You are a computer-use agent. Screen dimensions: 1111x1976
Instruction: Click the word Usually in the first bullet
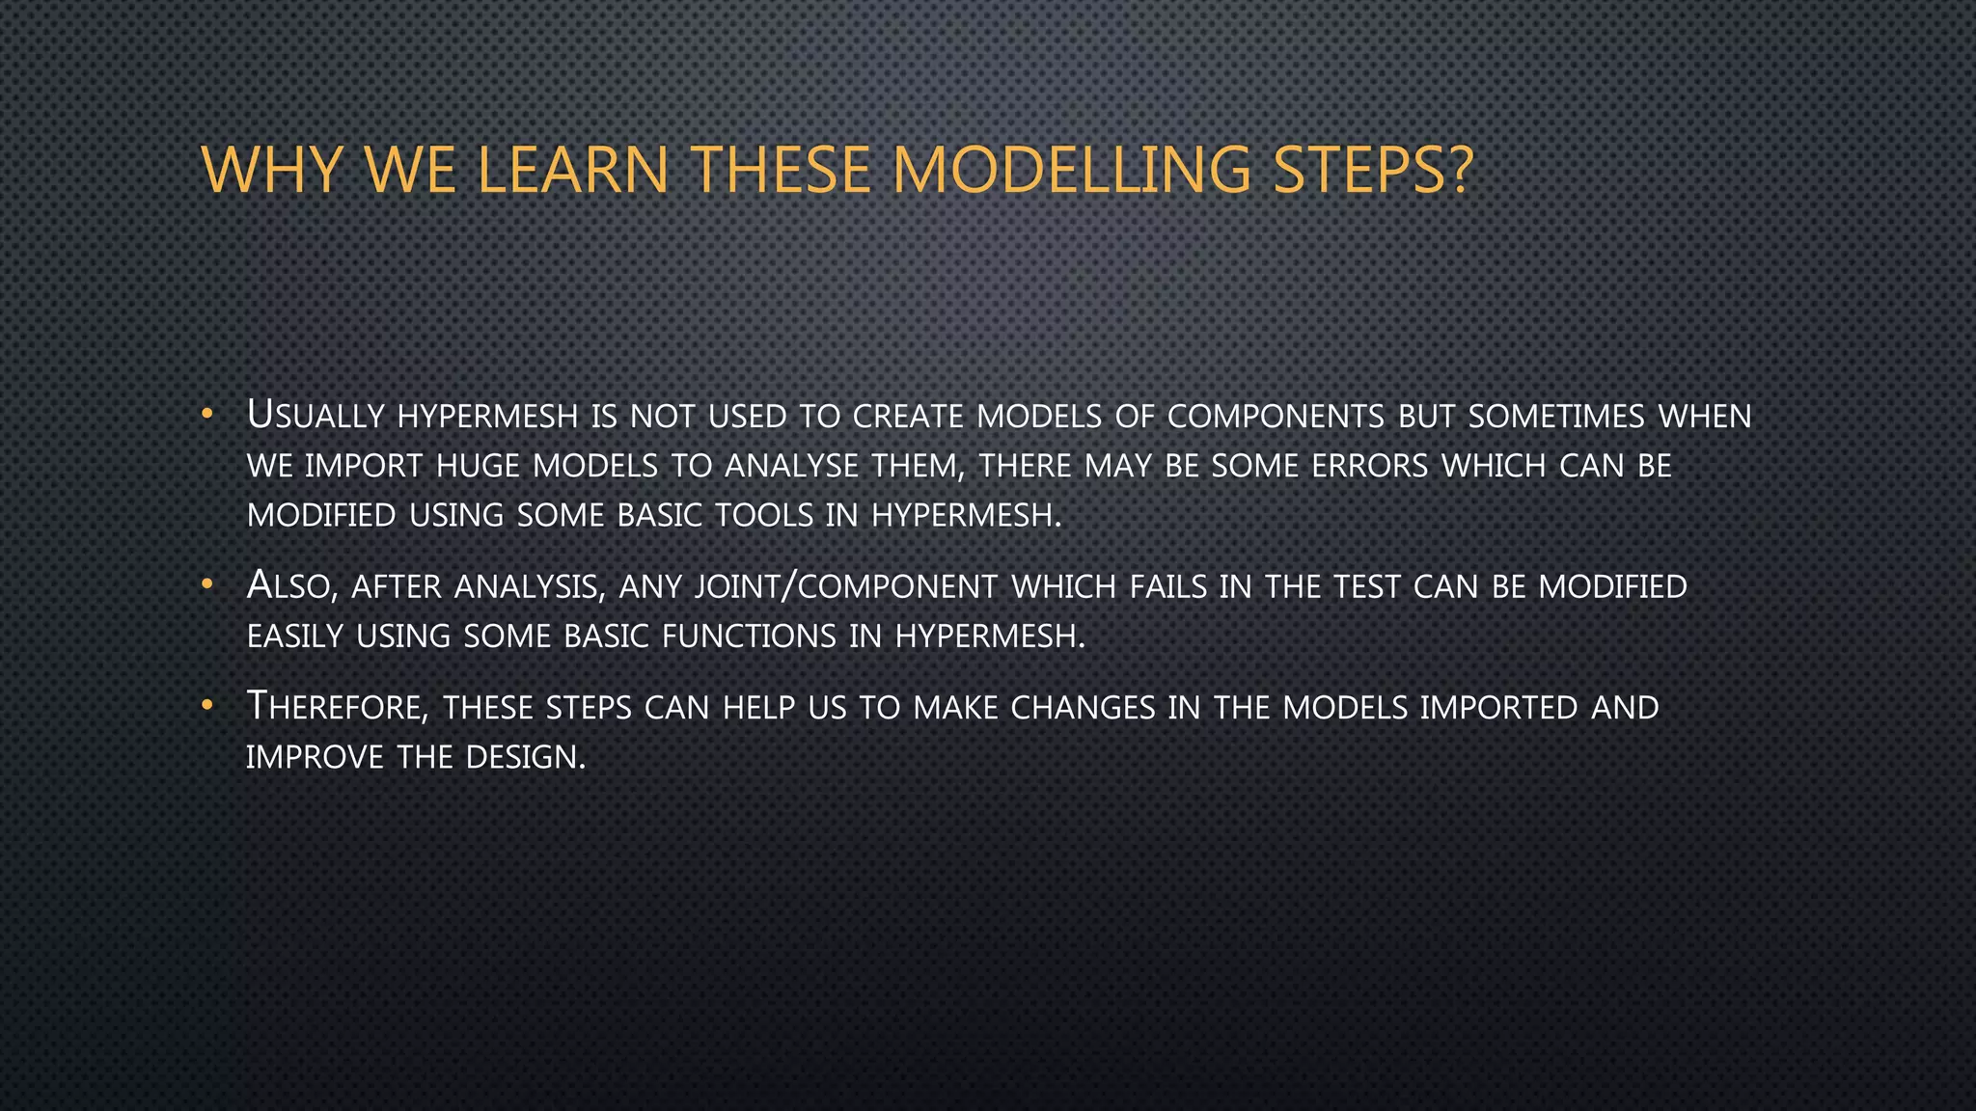point(316,416)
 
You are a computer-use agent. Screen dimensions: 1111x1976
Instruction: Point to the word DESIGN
point(525,757)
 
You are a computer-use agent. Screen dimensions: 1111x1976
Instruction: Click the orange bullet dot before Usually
point(206,416)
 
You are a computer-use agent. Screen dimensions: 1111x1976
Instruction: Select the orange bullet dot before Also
point(206,585)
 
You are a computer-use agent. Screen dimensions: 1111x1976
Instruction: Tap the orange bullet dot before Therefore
point(206,706)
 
